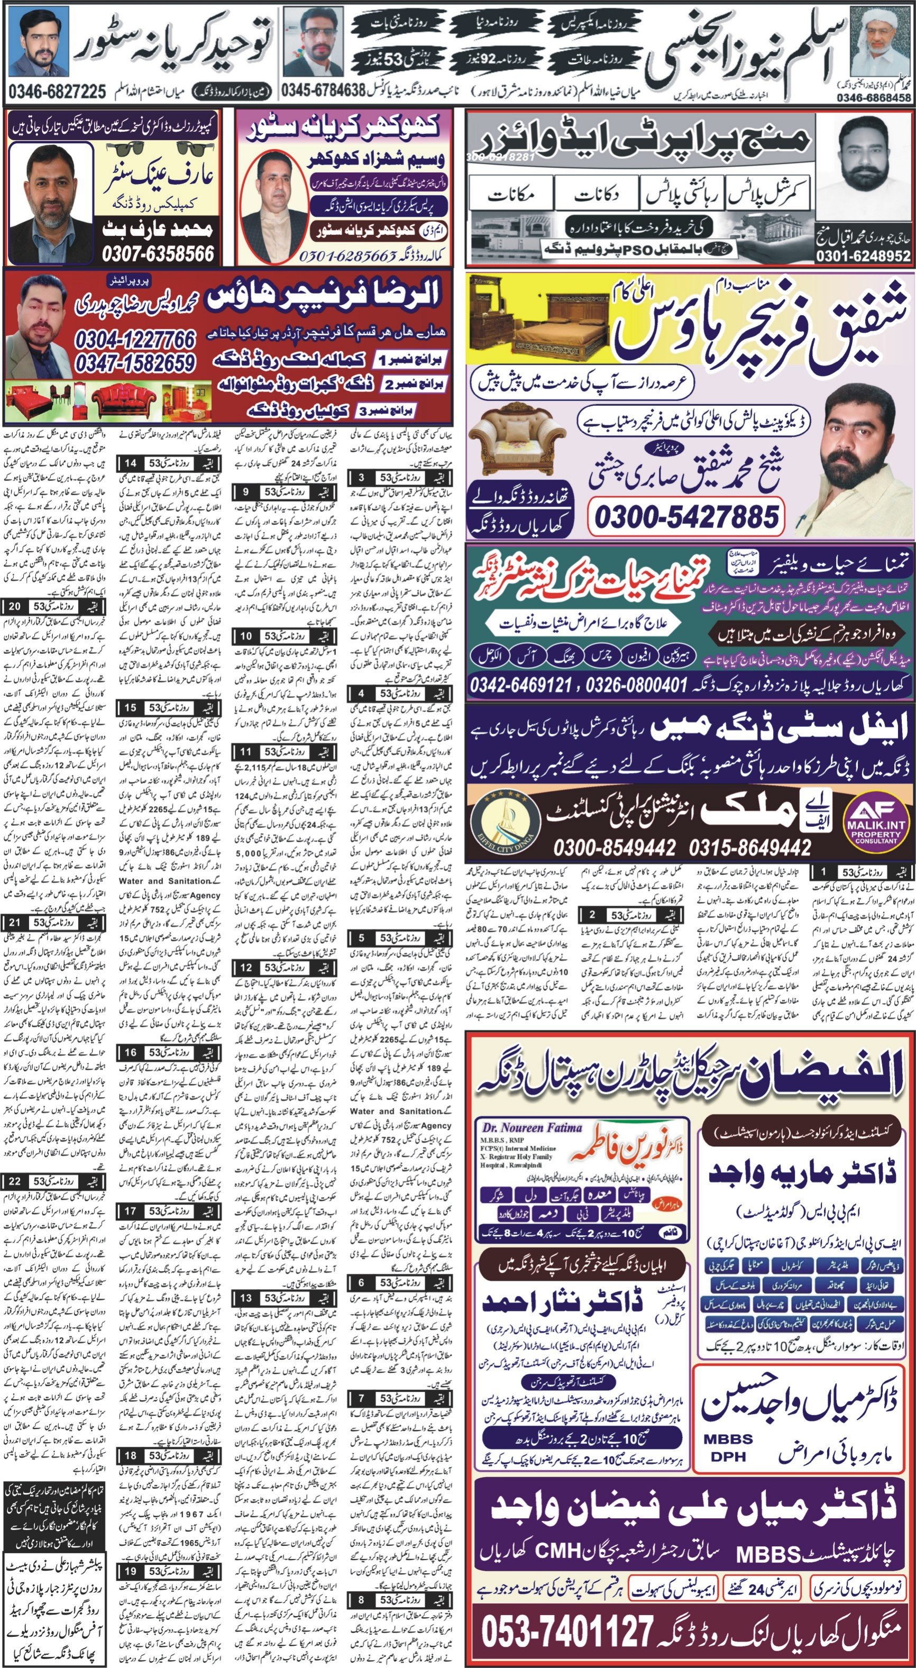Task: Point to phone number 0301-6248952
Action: coord(863,257)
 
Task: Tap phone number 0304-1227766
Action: coord(135,339)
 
